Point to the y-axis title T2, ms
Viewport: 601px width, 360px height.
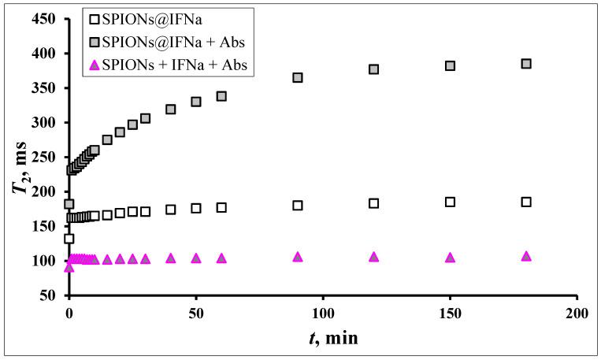[x=21, y=158]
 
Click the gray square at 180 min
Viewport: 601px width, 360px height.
[x=526, y=63]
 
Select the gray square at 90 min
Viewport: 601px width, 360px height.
[x=298, y=77]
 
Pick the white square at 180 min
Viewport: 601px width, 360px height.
[x=526, y=202]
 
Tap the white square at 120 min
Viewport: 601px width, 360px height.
[x=374, y=203]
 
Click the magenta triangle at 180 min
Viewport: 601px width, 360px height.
[x=526, y=256]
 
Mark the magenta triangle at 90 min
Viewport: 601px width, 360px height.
[x=298, y=257]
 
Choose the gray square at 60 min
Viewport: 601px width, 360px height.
[x=221, y=96]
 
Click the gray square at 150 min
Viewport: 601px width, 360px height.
[x=451, y=65]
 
